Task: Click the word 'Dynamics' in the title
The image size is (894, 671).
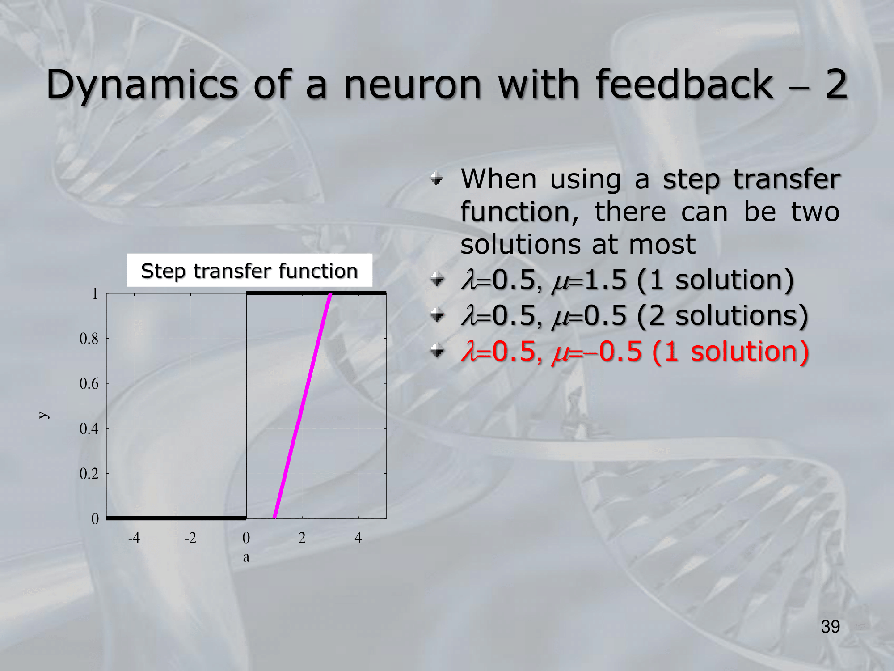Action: [142, 85]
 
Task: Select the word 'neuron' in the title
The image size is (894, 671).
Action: [413, 85]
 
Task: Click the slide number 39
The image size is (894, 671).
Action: [831, 627]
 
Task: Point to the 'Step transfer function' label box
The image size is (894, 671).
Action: [249, 270]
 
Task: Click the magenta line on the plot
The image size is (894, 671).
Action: [303, 405]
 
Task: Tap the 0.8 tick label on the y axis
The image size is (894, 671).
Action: [89, 339]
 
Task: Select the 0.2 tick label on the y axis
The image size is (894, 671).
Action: [89, 474]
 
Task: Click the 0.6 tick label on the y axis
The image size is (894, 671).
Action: [89, 383]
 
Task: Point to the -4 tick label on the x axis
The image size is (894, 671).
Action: [134, 537]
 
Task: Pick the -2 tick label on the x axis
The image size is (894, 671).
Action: [190, 537]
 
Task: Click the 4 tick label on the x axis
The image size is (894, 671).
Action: [358, 537]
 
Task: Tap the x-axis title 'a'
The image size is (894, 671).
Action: [246, 557]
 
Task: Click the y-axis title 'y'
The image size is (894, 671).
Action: [43, 415]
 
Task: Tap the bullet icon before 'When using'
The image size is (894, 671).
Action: [437, 179]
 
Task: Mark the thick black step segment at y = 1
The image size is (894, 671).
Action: [316, 293]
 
